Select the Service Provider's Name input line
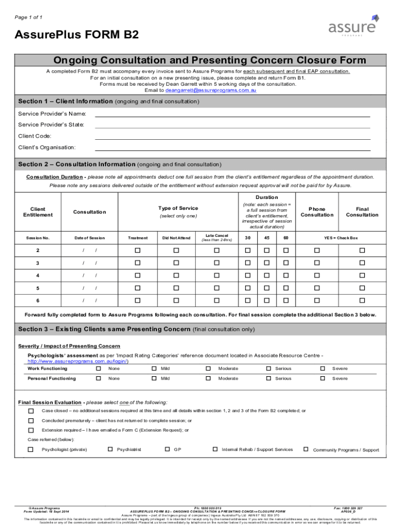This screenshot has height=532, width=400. [232, 114]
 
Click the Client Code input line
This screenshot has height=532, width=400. [232, 136]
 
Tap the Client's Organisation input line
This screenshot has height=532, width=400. [232, 148]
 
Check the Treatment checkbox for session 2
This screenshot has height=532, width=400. [138, 250]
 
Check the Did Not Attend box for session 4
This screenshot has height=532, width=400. [176, 275]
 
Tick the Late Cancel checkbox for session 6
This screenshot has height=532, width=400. [217, 300]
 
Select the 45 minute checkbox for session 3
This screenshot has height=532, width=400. [266, 263]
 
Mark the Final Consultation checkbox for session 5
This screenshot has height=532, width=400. [362, 288]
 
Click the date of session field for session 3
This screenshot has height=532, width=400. [89, 263]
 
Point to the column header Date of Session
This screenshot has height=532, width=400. [89, 238]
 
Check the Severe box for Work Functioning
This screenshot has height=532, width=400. [322, 368]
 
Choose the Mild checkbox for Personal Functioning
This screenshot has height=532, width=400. [154, 378]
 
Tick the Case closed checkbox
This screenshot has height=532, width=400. [31, 411]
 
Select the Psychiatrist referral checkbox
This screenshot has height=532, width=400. [110, 449]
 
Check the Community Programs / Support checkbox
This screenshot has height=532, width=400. [306, 449]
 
